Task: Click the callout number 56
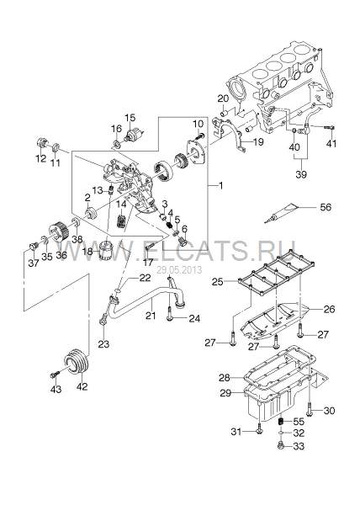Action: coord(326,207)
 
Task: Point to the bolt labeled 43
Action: coord(55,374)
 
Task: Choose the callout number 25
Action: coord(218,281)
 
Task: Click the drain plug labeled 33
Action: coord(281,445)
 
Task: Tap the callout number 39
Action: coord(301,174)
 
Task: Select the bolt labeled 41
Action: coord(329,128)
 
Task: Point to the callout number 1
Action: coord(220,185)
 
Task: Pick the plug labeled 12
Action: coord(42,143)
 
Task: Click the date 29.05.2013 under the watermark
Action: coord(179,270)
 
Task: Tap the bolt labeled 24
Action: coord(170,314)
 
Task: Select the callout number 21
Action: coord(151,316)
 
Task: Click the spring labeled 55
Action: coord(281,421)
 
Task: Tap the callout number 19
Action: coord(258,141)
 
